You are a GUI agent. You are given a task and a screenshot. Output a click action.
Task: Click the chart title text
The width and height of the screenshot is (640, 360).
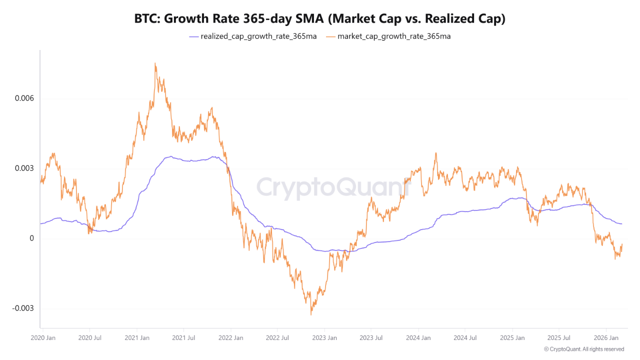coord(320,19)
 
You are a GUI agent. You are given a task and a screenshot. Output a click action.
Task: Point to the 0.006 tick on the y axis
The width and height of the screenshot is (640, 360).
coord(24,98)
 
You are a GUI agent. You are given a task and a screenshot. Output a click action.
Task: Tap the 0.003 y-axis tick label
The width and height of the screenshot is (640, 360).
coord(24,168)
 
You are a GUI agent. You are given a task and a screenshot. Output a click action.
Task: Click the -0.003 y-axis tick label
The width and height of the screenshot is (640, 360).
coord(23,308)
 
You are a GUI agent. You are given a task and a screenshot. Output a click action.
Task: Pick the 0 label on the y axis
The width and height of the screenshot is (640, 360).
coord(31,238)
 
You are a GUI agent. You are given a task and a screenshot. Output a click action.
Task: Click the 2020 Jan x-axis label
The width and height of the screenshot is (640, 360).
coord(42,338)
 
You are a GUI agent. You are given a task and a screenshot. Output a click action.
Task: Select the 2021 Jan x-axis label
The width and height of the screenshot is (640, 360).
coord(136,338)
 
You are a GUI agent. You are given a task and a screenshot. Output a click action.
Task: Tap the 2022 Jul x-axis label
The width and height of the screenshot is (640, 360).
coord(277,338)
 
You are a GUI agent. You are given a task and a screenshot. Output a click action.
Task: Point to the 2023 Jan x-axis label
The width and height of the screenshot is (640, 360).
coord(324,338)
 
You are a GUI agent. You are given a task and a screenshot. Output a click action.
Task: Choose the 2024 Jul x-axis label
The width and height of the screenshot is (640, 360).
coord(465,338)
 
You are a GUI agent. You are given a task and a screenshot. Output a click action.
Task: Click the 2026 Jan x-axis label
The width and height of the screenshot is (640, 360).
coord(606,338)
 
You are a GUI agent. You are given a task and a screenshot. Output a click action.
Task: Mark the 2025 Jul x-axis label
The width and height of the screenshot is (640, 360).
coord(559,338)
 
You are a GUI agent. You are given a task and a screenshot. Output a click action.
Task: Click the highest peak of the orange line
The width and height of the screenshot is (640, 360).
coord(155,63)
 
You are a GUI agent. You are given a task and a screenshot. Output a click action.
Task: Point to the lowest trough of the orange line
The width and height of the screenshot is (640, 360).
coord(311,314)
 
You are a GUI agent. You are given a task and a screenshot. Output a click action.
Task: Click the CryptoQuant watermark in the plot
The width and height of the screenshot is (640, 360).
coord(332,187)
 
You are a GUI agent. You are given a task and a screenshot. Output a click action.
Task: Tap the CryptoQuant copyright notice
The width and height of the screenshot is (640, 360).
coord(583,349)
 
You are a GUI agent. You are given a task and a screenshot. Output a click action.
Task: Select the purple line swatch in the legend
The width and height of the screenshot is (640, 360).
coord(194,36)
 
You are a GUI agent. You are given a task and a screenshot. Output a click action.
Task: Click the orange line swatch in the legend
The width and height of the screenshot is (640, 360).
coord(331,36)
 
